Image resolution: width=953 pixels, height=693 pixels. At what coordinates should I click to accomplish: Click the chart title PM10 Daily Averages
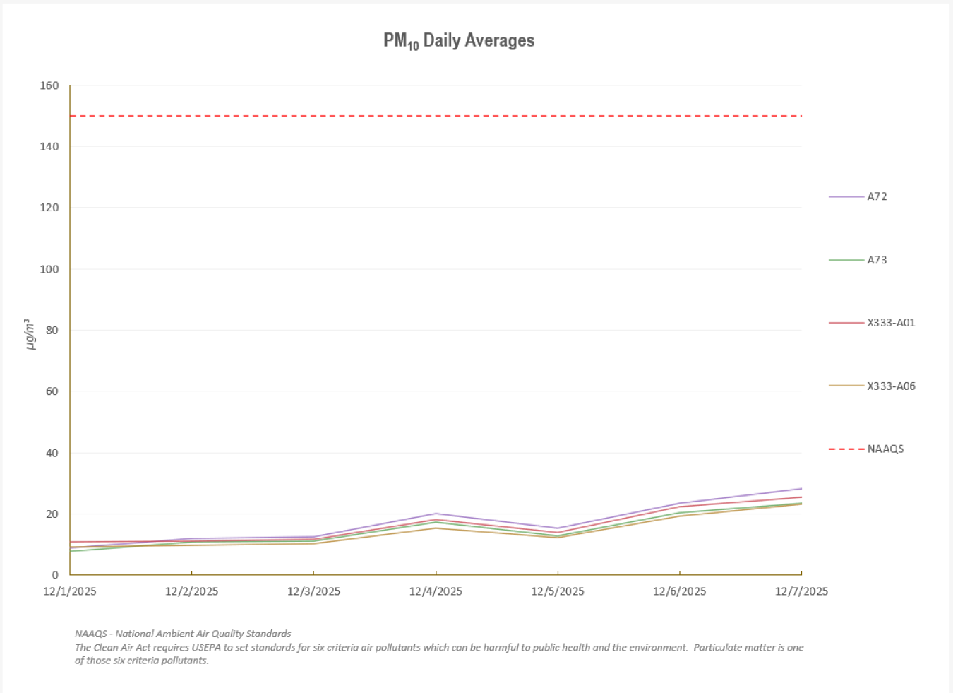459,41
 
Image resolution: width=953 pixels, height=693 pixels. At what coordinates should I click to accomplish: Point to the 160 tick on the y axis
49,85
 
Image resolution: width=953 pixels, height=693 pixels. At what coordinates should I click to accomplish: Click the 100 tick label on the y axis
49,269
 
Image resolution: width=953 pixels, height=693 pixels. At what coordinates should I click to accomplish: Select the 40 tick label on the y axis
52,453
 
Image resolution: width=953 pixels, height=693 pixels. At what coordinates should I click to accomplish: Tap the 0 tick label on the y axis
55,575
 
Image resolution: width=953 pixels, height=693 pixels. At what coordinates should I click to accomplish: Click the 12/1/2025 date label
70,592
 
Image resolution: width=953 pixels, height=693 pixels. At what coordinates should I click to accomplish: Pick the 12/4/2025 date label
436,592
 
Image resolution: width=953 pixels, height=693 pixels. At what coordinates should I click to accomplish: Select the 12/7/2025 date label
801,592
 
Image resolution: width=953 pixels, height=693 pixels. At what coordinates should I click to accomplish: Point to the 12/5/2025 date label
558,592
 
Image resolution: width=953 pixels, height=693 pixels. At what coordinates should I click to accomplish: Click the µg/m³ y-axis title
30,334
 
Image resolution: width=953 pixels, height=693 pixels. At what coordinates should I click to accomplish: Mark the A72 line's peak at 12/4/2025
436,514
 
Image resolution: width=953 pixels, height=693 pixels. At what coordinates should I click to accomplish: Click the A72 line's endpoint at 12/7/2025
801,489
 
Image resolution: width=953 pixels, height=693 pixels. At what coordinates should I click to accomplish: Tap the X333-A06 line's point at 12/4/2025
436,528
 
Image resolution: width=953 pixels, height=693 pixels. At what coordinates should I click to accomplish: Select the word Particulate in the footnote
719,648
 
